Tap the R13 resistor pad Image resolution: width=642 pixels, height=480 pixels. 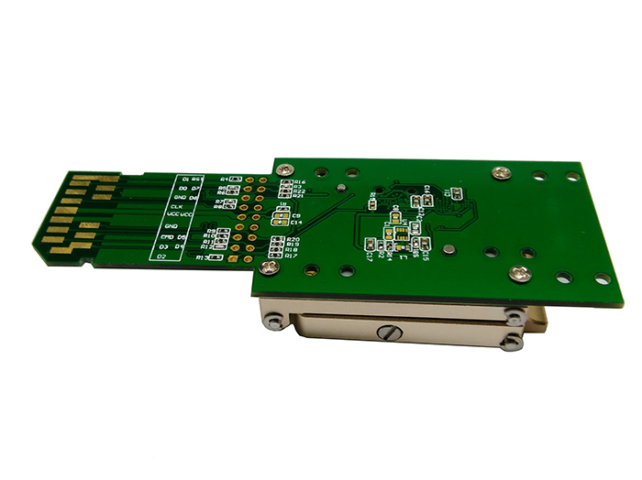tap(217, 259)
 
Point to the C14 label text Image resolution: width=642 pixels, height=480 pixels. tap(296, 223)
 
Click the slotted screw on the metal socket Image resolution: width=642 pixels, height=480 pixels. tap(389, 332)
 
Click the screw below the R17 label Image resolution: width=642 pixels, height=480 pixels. tap(268, 267)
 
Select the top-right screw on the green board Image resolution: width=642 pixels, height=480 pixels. tap(501, 171)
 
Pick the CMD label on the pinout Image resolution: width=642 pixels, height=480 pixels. tap(168, 237)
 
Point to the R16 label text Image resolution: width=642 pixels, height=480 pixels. tap(300, 182)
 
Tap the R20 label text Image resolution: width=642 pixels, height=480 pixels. tap(293, 240)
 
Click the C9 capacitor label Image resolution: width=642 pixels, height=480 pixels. tap(296, 215)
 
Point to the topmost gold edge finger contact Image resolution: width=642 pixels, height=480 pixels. tap(96, 178)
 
